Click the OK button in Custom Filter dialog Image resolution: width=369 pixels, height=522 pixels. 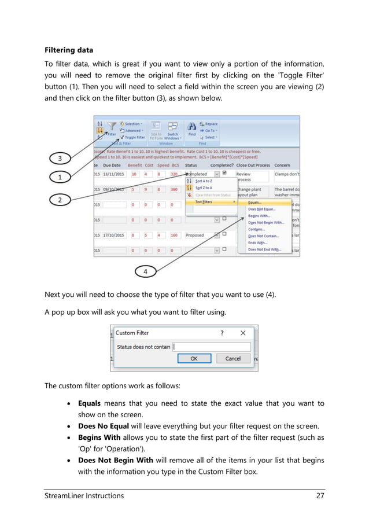[193, 359]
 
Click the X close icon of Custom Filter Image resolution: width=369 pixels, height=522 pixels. [243, 333]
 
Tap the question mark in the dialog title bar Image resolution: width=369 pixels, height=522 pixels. [222, 333]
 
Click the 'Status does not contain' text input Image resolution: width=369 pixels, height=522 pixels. [211, 347]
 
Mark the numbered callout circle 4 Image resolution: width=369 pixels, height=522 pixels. [145, 270]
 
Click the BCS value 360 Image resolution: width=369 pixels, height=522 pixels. [174, 189]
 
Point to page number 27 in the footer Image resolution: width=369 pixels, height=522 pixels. [319, 496]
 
